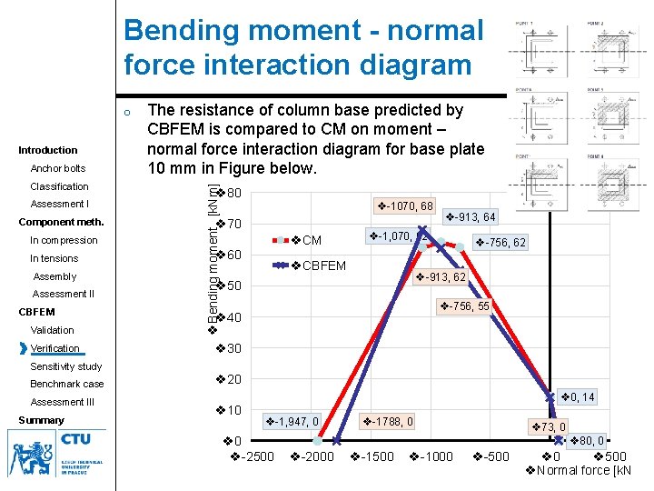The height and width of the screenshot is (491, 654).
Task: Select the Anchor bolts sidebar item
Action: point(58,168)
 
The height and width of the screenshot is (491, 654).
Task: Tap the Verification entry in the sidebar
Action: point(54,348)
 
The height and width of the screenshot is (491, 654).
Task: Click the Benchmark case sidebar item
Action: point(67,384)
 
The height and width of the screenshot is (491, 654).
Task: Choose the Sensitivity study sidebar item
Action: point(66,366)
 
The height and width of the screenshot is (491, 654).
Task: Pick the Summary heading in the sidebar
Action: point(42,420)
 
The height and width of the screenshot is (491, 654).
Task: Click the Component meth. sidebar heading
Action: point(62,222)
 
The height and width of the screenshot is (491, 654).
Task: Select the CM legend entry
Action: point(306,240)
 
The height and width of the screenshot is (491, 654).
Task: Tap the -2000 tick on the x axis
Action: point(312,456)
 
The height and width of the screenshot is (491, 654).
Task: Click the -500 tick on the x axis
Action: point(490,456)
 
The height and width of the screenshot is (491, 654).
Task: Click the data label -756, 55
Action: point(464,306)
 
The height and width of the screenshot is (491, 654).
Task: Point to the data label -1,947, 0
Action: point(291,421)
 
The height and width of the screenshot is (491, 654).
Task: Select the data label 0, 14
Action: point(577,396)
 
